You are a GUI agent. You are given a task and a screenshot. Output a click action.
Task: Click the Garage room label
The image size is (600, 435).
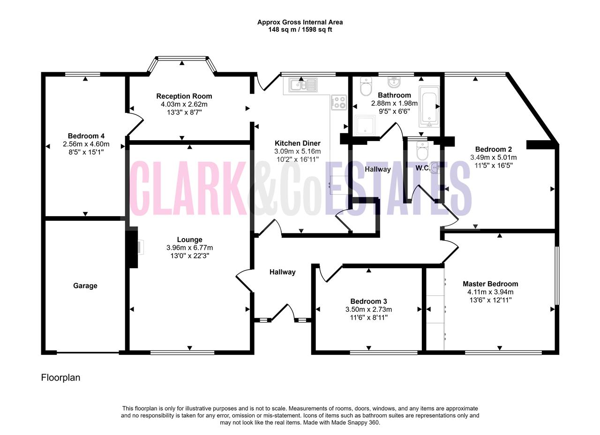click(x=85, y=286)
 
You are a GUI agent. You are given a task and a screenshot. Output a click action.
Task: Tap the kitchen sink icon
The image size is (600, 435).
click(x=303, y=85)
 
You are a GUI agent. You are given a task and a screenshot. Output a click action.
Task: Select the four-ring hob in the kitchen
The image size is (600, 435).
click(x=339, y=103)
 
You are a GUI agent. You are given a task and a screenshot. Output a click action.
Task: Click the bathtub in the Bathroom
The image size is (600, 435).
click(x=429, y=106)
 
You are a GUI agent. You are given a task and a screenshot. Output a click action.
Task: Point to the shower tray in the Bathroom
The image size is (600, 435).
click(x=365, y=125)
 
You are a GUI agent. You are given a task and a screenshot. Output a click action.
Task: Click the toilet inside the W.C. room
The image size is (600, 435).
click(x=422, y=150)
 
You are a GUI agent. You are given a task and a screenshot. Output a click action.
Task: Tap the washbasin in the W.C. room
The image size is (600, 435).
click(x=435, y=168)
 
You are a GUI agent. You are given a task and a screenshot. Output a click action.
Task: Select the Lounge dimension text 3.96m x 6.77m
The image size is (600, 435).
click(x=190, y=248)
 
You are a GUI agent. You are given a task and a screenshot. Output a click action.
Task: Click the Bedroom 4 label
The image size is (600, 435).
click(x=86, y=136)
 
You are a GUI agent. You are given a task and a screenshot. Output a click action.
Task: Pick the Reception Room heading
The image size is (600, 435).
click(x=184, y=96)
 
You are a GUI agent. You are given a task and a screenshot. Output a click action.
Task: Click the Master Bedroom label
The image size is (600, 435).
click(x=490, y=284)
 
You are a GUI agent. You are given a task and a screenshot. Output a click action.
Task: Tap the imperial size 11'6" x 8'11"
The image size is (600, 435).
click(x=369, y=318)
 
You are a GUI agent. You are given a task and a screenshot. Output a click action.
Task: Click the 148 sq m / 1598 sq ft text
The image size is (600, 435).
click(x=300, y=30)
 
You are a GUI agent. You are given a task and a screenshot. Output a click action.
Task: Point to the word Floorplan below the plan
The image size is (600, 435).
click(x=60, y=378)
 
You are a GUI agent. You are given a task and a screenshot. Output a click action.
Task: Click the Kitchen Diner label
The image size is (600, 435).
click(x=298, y=143)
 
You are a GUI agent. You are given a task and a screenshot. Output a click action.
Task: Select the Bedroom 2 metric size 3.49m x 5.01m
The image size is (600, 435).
click(x=494, y=157)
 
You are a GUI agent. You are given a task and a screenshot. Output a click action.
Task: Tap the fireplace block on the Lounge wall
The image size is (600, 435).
click(x=132, y=247)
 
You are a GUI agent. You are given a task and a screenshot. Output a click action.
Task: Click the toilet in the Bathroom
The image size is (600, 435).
click(x=366, y=86)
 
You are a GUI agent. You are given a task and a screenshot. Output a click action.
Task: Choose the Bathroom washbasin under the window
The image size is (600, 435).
click(x=394, y=82)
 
